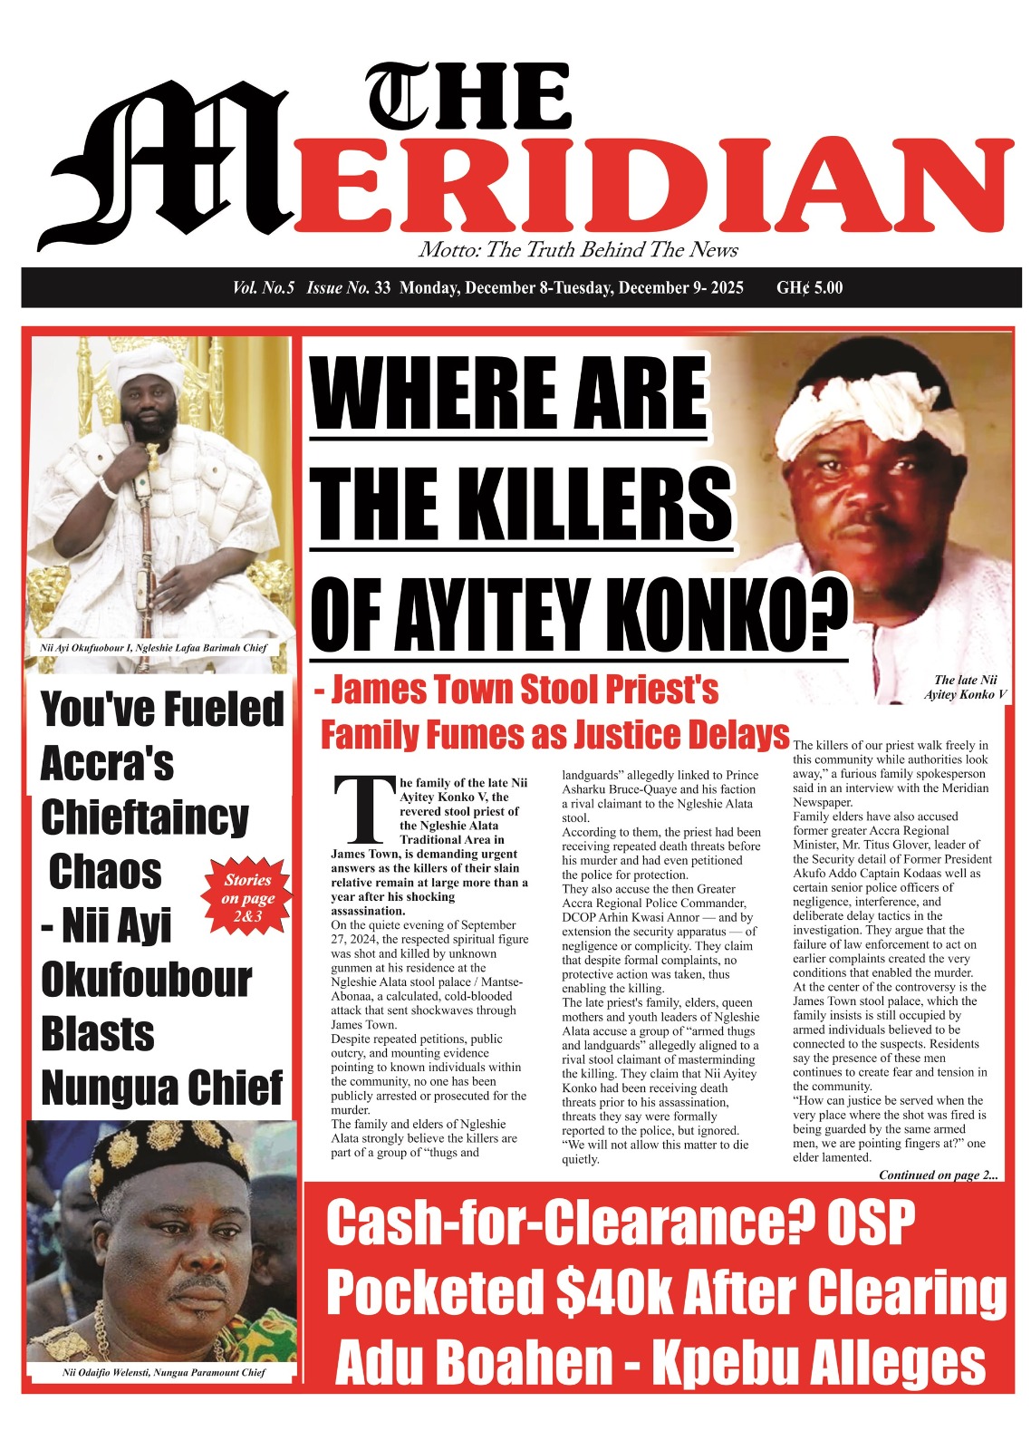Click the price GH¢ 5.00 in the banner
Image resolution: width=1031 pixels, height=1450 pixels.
click(x=809, y=288)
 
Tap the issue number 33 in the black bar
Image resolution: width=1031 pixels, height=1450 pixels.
click(x=381, y=288)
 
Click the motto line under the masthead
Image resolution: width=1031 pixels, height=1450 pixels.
click(x=578, y=250)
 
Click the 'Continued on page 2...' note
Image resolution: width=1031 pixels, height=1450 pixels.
click(x=938, y=1175)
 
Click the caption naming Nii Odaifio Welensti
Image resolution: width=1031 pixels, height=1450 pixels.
click(x=163, y=1373)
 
